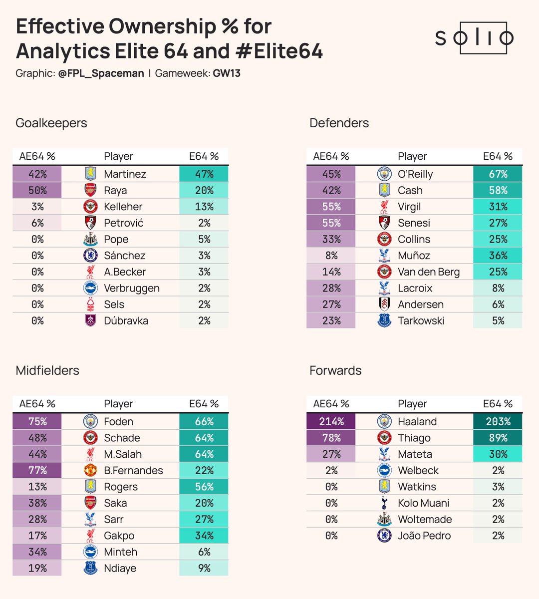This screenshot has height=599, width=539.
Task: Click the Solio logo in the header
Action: point(474,38)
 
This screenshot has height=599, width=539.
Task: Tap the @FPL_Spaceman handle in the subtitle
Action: point(101,73)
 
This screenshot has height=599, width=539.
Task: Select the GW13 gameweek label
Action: point(227,73)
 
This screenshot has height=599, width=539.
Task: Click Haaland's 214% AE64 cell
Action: point(331,421)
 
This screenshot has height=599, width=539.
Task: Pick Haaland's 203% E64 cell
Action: point(498,421)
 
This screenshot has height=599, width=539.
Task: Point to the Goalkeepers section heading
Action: point(51,123)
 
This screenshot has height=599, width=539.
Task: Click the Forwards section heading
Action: point(335,370)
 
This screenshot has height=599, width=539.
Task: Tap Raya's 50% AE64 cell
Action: point(37,190)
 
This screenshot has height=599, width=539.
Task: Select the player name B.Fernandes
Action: point(133,470)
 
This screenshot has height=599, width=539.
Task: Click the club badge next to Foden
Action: point(90,421)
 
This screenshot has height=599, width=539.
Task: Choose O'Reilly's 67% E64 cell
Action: point(498,174)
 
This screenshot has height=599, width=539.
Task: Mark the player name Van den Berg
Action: point(429,272)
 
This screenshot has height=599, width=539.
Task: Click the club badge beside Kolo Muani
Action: point(384,503)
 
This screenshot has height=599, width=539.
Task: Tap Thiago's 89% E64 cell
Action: point(498,438)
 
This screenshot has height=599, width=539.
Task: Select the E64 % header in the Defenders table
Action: point(498,156)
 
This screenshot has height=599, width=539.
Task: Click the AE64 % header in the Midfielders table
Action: point(37,404)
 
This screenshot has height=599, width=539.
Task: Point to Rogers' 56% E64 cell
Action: point(204,487)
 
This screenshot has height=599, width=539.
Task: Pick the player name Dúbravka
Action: point(126,320)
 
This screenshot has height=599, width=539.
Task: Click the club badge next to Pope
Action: point(90,239)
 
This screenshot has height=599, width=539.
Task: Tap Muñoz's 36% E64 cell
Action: point(498,256)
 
